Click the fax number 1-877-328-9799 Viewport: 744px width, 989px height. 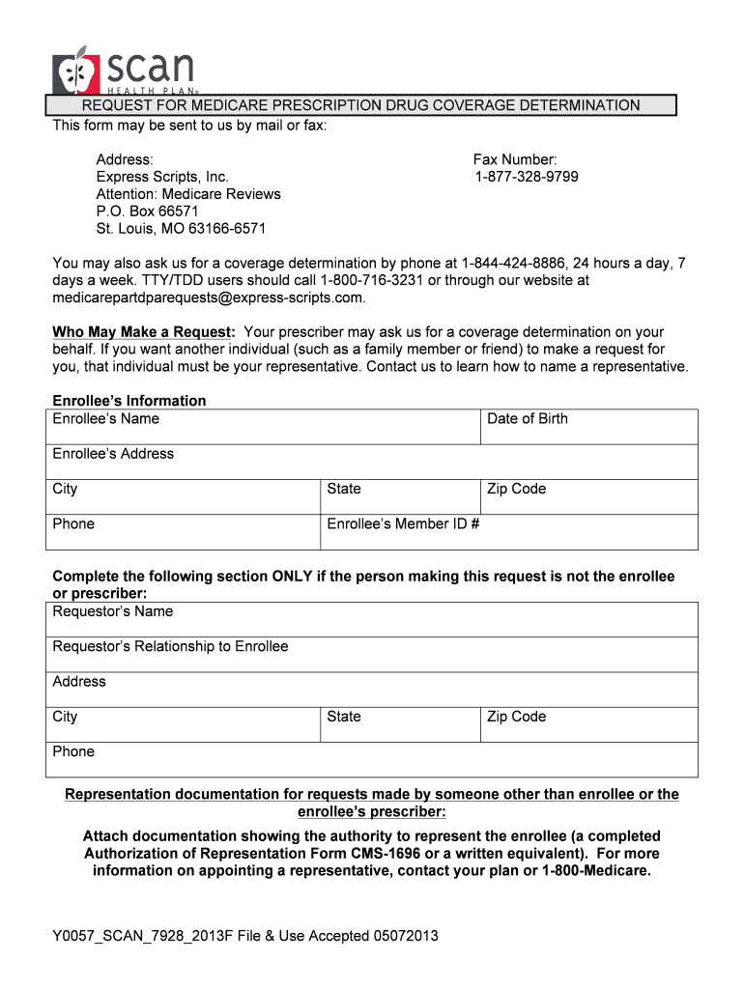tap(527, 177)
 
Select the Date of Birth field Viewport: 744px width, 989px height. tap(589, 427)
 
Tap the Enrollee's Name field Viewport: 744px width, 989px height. tap(263, 427)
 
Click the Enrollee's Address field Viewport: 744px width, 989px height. tap(372, 462)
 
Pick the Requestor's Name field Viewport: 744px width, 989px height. tap(372, 619)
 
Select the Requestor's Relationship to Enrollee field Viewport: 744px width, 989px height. tap(372, 654)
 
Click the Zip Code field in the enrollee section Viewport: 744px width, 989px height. tap(589, 496)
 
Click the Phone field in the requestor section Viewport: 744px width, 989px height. tap(372, 759)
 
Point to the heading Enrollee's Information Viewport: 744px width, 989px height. tap(129, 401)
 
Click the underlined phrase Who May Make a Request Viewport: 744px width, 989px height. tap(144, 332)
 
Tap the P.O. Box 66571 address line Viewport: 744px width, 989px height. tap(147, 212)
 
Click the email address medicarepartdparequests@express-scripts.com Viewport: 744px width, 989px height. tap(208, 297)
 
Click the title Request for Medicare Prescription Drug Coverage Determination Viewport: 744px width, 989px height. tap(360, 105)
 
